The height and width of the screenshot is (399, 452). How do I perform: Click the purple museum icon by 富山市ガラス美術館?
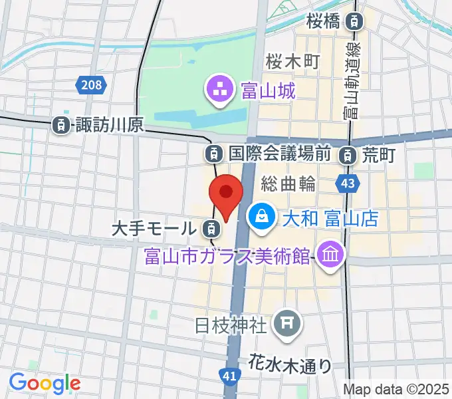tap(329, 253)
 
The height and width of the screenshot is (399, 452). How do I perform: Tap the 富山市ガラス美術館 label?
tap(228, 255)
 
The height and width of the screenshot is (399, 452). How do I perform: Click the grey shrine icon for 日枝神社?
tap(288, 324)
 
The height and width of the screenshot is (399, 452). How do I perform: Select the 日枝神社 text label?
tap(231, 325)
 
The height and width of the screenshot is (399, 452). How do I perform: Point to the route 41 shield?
tap(229, 377)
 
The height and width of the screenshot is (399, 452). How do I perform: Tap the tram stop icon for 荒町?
tap(346, 156)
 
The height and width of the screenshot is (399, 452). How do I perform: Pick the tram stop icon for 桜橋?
tap(357, 21)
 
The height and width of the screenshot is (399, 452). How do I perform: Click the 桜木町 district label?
tap(293, 61)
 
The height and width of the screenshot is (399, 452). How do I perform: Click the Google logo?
tap(45, 383)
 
